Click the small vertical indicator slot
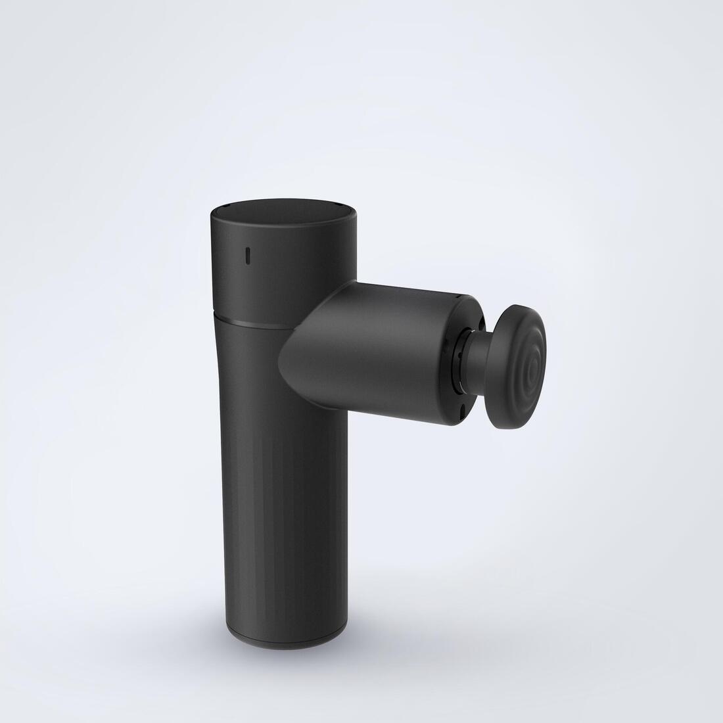[x=248, y=256]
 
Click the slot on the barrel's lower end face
[x=462, y=409]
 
